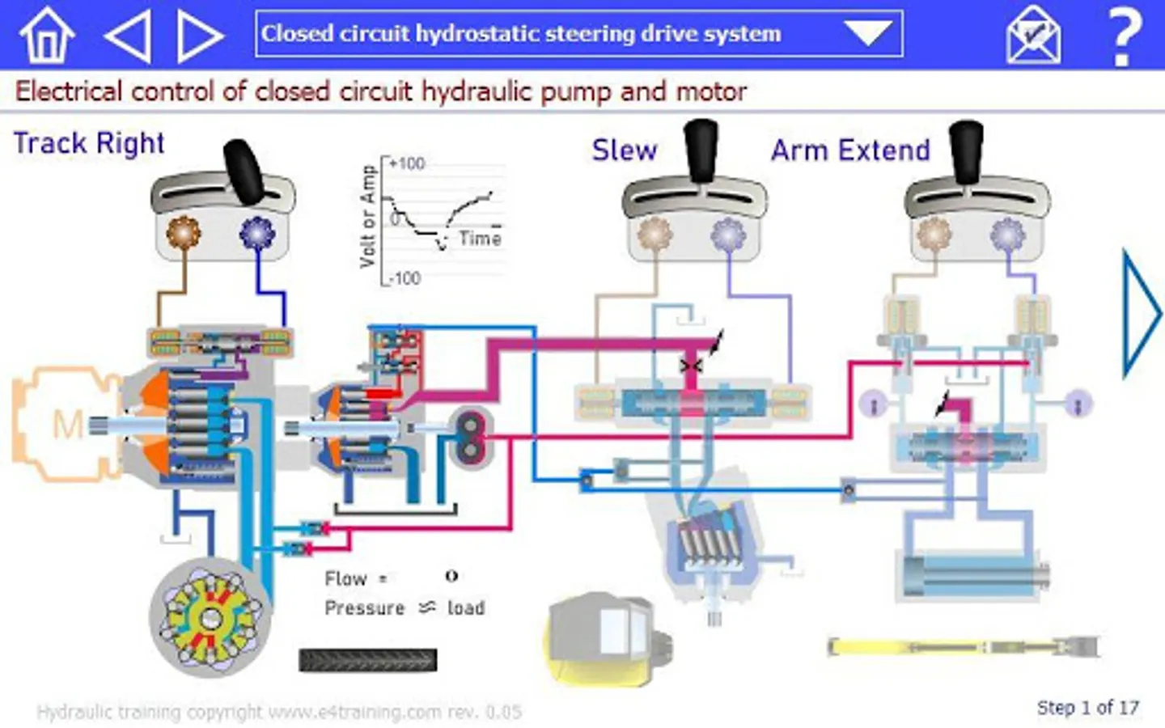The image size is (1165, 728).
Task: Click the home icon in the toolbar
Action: (x=46, y=35)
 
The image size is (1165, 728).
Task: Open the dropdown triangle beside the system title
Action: (x=867, y=33)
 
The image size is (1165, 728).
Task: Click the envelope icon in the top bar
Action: (x=1033, y=35)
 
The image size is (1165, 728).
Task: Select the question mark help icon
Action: (x=1123, y=36)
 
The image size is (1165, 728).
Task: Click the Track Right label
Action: (x=89, y=143)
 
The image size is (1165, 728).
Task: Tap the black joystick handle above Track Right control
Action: (x=244, y=171)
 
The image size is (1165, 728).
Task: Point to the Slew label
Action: (x=624, y=150)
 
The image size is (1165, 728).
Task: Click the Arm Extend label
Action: (x=850, y=150)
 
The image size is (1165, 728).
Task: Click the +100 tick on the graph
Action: (x=406, y=163)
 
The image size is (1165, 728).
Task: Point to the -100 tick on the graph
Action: (x=405, y=278)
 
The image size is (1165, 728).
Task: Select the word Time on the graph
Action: (x=480, y=239)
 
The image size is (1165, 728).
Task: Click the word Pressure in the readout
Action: (x=364, y=608)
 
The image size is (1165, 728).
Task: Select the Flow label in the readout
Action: (x=345, y=579)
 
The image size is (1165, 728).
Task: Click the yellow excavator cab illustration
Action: (x=603, y=639)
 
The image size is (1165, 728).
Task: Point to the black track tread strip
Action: (x=368, y=660)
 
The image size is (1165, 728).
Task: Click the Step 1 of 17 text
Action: (x=1087, y=708)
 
